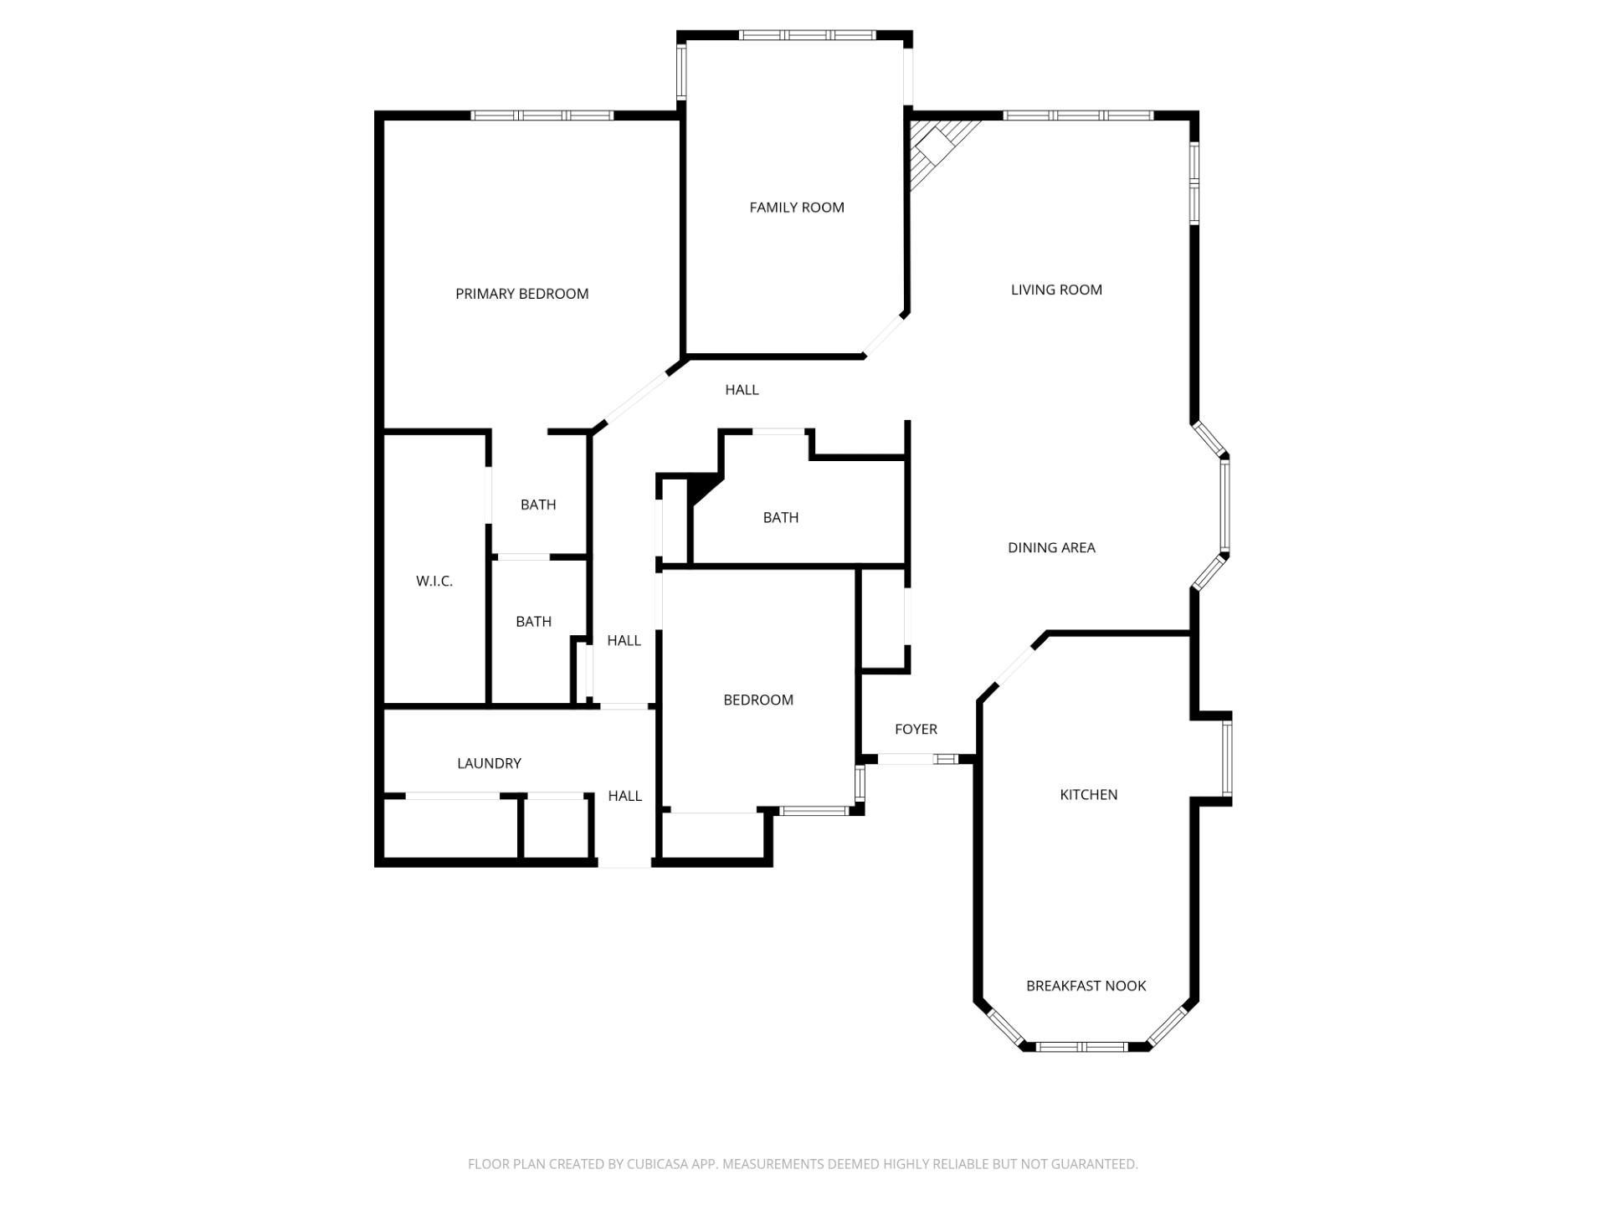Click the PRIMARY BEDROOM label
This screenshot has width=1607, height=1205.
point(521,294)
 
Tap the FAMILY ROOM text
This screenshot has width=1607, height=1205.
point(796,208)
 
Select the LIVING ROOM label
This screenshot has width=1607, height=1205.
point(1055,290)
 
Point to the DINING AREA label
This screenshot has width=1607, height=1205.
point(1050,547)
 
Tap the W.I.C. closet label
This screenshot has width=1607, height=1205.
point(434,581)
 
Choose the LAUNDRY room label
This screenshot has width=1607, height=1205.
point(489,763)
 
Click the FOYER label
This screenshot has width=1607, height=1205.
point(916,729)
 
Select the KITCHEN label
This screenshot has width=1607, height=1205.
point(1088,794)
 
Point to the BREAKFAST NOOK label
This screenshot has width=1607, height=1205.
point(1086,986)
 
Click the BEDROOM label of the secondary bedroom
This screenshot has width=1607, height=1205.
point(757,700)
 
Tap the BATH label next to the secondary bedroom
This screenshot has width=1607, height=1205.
point(780,518)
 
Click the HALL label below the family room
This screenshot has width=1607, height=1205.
point(742,390)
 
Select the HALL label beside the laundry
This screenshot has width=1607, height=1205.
point(624,796)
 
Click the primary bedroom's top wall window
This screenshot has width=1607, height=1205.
point(542,115)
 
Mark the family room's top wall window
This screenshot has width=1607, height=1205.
point(807,35)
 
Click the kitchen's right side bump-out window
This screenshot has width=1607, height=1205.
point(1226,758)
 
